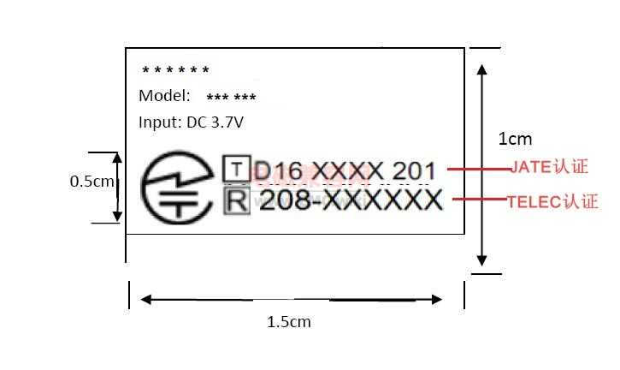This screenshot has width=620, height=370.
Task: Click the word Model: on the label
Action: click(164, 95)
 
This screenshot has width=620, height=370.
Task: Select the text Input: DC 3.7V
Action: click(191, 122)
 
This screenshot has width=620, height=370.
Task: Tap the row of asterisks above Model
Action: click(175, 70)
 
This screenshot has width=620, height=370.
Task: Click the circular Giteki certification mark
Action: click(176, 187)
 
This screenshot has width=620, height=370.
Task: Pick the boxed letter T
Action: click(236, 169)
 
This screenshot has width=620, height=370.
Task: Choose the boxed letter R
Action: click(237, 201)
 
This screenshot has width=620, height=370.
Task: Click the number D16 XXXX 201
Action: click(344, 171)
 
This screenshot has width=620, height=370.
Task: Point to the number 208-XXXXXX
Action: click(351, 200)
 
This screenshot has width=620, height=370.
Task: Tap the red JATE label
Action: click(549, 166)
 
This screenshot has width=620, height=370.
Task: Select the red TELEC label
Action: click(552, 201)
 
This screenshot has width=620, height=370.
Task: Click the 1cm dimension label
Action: click(515, 139)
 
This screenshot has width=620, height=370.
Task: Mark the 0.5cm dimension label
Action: click(92, 182)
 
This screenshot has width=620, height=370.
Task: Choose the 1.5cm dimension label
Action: click(289, 322)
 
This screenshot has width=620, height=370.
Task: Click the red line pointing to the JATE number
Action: click(479, 169)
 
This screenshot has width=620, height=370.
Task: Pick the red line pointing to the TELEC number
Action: click(480, 199)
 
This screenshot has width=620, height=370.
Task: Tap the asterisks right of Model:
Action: click(231, 97)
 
